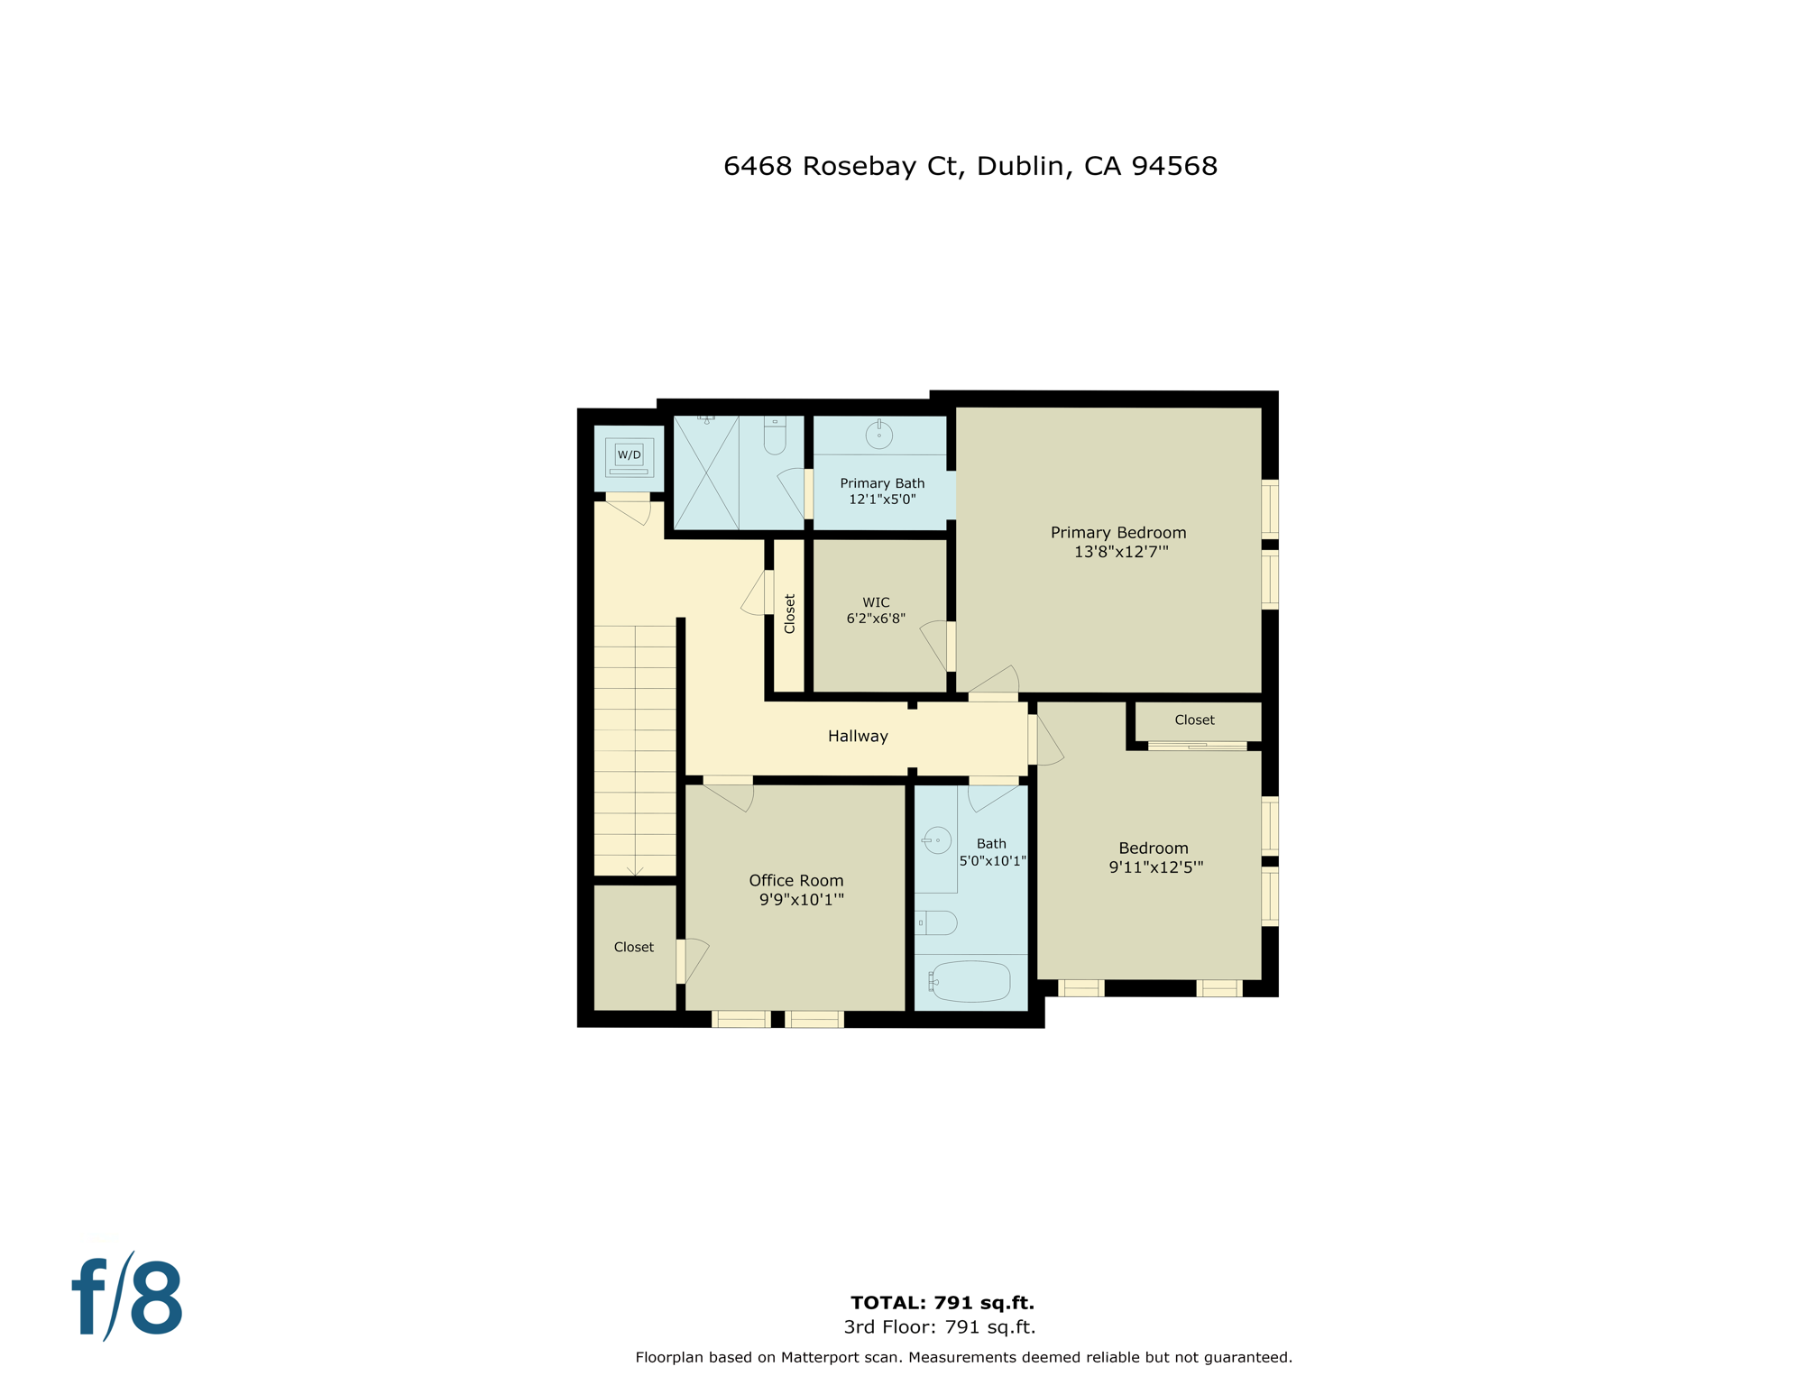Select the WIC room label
tap(876, 602)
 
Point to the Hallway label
tap(858, 737)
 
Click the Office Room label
tap(795, 881)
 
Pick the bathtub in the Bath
tap(970, 982)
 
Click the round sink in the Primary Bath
tap(878, 436)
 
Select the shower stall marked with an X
tap(706, 472)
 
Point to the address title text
tap(970, 166)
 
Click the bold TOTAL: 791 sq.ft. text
tap(942, 1303)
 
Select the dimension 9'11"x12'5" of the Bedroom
tap(1155, 867)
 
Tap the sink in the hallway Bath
tap(937, 840)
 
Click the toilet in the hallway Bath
tap(936, 923)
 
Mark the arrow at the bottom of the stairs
tap(635, 870)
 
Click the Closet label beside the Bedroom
tap(1194, 720)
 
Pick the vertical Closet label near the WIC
tap(790, 614)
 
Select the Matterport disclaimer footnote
tap(963, 1357)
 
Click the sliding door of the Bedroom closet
tap(1197, 746)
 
